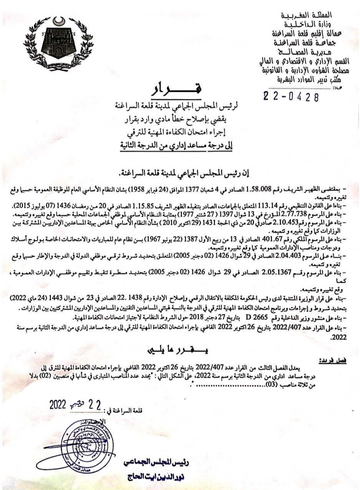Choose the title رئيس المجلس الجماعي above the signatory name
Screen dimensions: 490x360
point(148,463)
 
